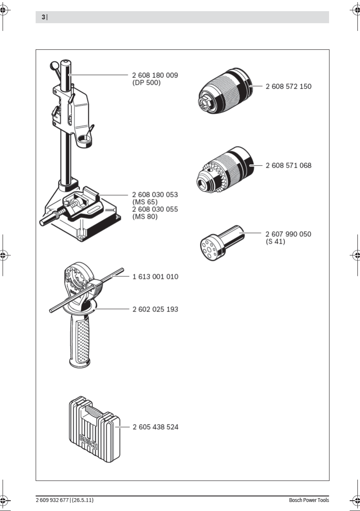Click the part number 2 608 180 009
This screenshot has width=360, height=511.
coord(155,75)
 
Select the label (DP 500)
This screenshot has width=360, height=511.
coord(146,82)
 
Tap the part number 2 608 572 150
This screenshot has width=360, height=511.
coord(288,86)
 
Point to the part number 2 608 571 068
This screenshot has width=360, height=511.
coord(288,165)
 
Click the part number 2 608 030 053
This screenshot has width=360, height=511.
coord(155,194)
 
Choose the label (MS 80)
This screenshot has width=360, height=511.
coord(145,217)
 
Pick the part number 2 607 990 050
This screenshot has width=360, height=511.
coord(288,234)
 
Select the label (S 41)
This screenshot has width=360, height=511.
coord(275,242)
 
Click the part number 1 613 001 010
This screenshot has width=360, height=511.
coord(155,277)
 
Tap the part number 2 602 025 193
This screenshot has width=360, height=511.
coord(155,309)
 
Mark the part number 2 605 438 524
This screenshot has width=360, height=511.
coord(155,427)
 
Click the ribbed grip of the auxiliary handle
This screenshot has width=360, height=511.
coord(81,339)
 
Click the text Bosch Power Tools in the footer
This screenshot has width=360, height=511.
coord(309,500)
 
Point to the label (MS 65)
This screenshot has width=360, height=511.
coord(145,202)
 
